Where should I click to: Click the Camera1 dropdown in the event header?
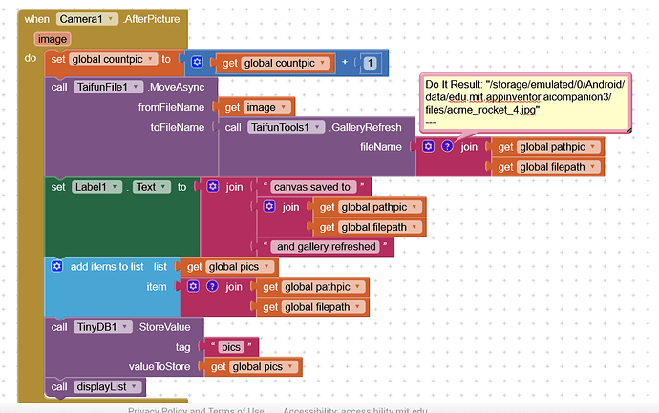tap(87, 19)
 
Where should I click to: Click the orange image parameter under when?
tap(53, 39)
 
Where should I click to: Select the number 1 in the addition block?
tap(370, 63)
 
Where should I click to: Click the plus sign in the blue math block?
tap(345, 62)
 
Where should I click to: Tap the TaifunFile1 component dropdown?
tap(109, 87)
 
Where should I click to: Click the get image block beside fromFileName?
tap(256, 107)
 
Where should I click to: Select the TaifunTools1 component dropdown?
tap(286, 127)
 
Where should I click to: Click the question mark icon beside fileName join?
tap(447, 146)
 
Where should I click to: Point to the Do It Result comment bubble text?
tap(524, 97)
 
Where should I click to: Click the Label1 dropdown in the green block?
tap(96, 187)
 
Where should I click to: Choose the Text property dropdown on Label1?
tap(152, 187)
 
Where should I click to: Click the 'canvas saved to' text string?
tap(312, 187)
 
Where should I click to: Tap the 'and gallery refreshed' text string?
tap(326, 246)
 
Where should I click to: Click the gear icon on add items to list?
tap(57, 266)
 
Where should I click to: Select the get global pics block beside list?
tap(228, 267)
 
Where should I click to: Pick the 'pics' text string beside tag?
tap(231, 347)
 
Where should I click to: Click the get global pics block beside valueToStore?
tap(252, 367)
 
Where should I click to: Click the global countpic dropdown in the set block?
tap(114, 59)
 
